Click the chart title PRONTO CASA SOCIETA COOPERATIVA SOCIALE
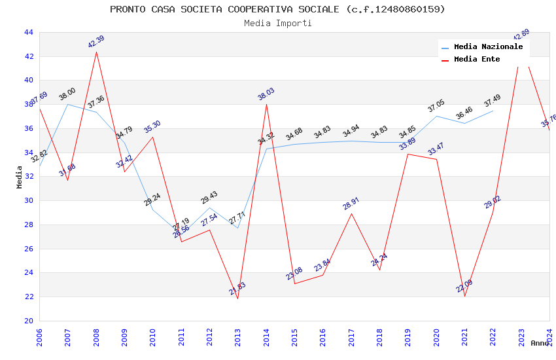pyautogui.click(x=277, y=9)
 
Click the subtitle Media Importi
pyautogui.click(x=277, y=23)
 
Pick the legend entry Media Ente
pyautogui.click(x=477, y=60)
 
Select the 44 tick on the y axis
pyautogui.click(x=28, y=32)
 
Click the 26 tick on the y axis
pyautogui.click(x=28, y=249)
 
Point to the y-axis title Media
pyautogui.click(x=20, y=177)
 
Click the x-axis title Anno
pyautogui.click(x=540, y=343)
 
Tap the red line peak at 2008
pyautogui.click(x=96, y=51)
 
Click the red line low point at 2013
pyautogui.click(x=237, y=298)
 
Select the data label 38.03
pyautogui.click(x=266, y=94)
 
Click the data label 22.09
pyautogui.click(x=464, y=286)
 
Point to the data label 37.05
pyautogui.click(x=436, y=106)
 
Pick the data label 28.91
pyautogui.click(x=351, y=204)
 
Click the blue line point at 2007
pyautogui.click(x=67, y=104)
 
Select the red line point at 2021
pyautogui.click(x=464, y=296)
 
